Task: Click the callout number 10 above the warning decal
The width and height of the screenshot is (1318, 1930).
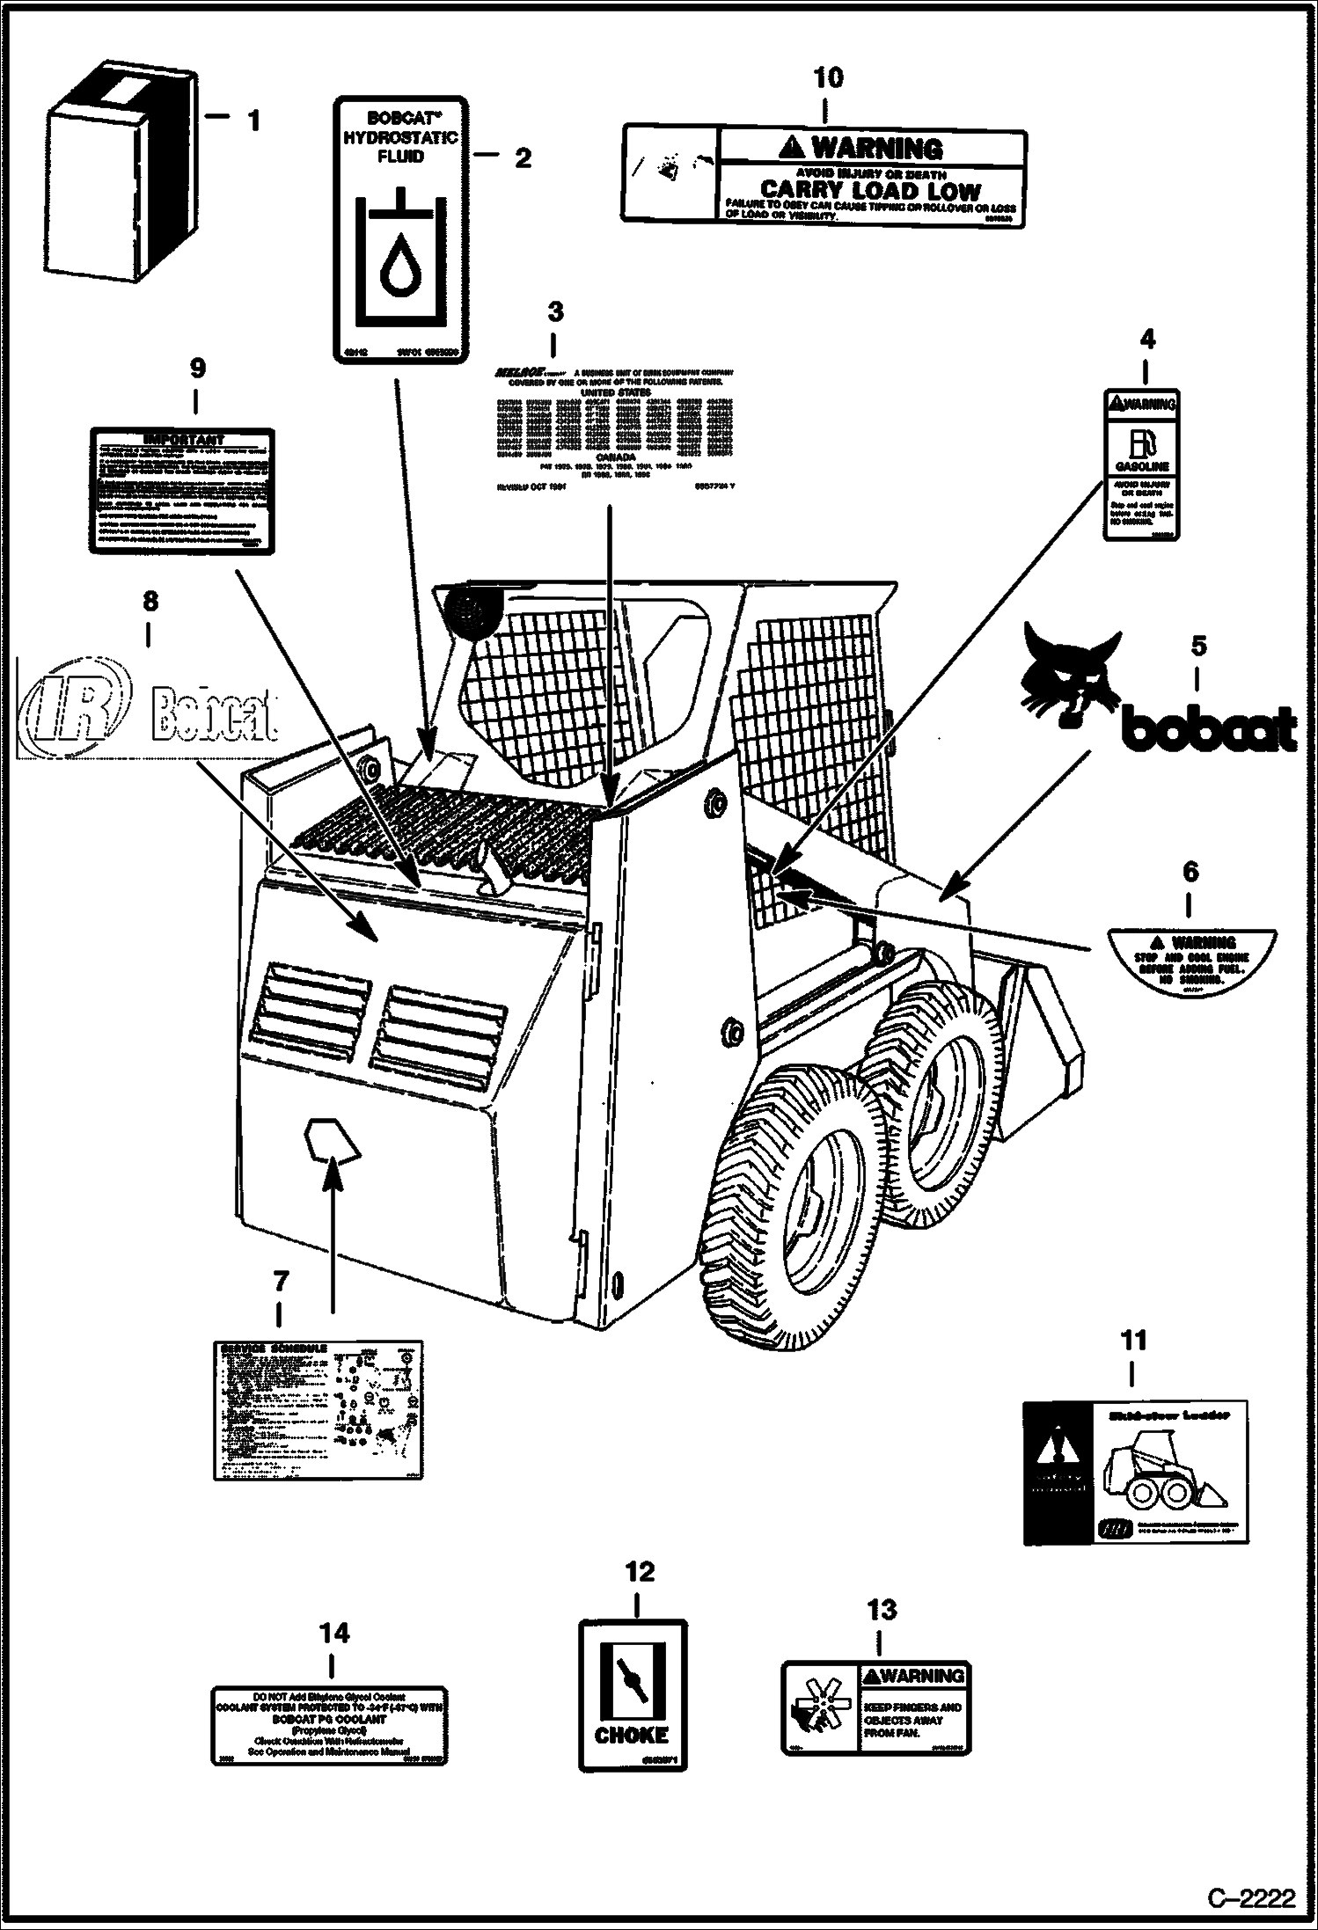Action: (827, 77)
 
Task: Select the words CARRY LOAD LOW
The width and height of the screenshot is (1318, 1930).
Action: (869, 190)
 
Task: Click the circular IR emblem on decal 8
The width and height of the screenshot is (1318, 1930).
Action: (75, 704)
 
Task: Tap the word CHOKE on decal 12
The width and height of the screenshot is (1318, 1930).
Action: (631, 1735)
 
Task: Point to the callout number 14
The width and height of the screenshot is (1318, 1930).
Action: (333, 1634)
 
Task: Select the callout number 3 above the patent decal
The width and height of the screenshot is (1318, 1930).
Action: (554, 311)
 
